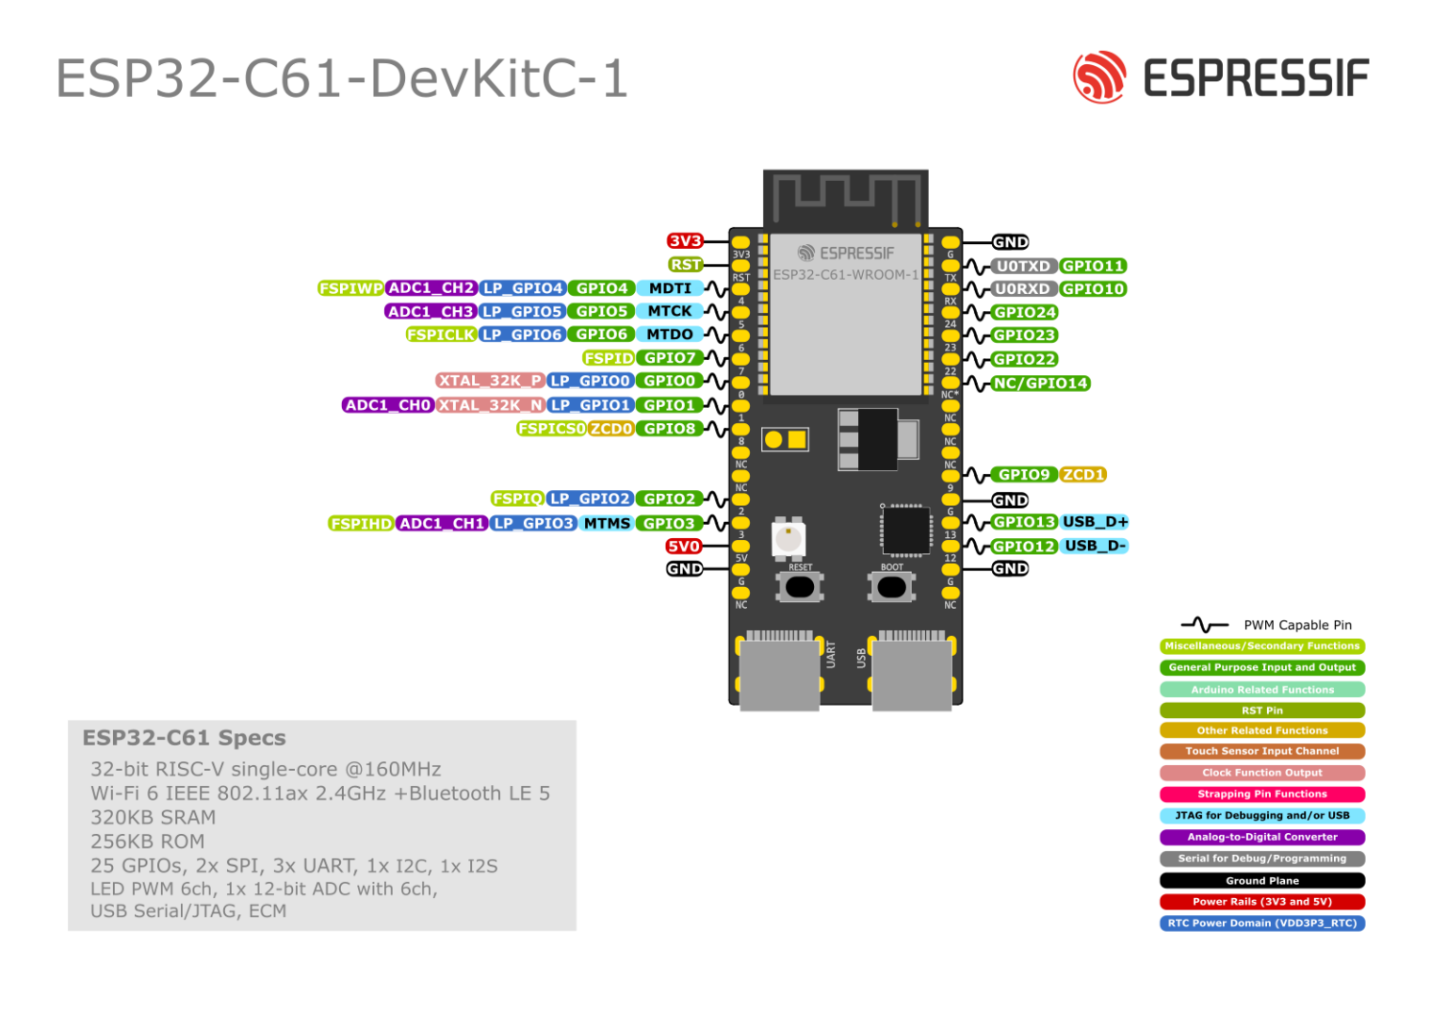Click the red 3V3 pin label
coord(685,241)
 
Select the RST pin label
coord(686,265)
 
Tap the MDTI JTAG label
coord(670,288)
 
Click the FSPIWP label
coord(350,288)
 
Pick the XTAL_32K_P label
coord(490,381)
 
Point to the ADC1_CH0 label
coord(387,405)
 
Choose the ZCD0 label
coord(611,429)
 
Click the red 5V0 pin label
coord(683,547)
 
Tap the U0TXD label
coord(1023,266)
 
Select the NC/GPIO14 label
coord(1040,384)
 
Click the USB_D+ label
coord(1095,522)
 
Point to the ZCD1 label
coord(1082,475)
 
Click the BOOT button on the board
coord(891,587)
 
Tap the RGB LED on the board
coord(789,537)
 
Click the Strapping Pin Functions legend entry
coord(1261,794)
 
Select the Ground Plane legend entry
coord(1261,880)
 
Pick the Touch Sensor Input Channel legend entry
coord(1261,751)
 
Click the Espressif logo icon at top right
coord(1098,77)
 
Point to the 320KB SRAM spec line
coord(154,817)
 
